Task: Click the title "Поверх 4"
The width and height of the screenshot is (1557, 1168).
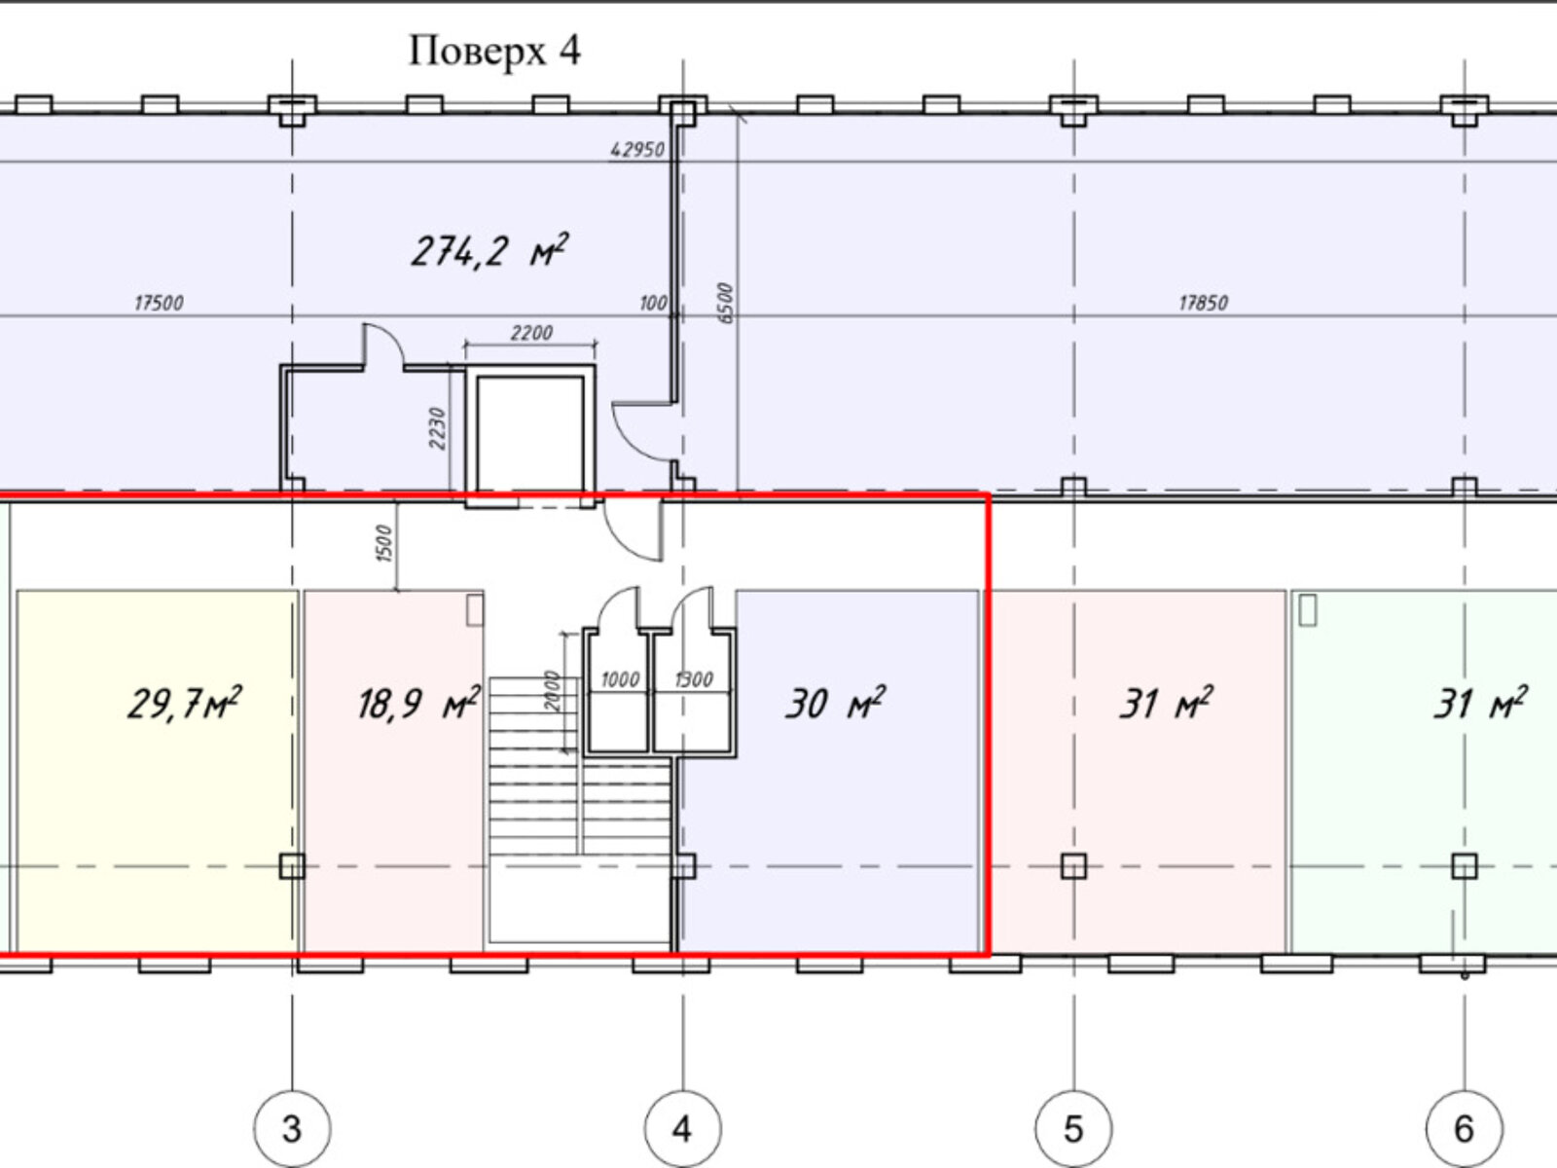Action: [494, 52]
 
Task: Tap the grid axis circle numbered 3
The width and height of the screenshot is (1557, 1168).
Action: [292, 1128]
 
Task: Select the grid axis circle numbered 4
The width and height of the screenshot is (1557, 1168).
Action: [683, 1128]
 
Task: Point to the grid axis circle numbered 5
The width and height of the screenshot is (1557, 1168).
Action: [1074, 1128]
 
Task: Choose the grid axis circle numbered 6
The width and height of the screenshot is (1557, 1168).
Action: [1465, 1128]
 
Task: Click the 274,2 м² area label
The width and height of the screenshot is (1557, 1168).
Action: [489, 251]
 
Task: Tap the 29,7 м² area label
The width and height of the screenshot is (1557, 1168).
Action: [185, 704]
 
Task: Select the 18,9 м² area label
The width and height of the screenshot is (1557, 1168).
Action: [418, 704]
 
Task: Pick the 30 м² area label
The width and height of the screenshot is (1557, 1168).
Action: [835, 704]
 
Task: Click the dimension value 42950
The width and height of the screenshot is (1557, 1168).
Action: [637, 150]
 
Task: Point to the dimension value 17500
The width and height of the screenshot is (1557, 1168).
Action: [159, 303]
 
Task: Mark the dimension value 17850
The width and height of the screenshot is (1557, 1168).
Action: [1203, 303]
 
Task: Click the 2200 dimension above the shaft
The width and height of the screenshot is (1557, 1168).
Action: [531, 333]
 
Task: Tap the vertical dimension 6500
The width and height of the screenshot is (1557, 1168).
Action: [725, 304]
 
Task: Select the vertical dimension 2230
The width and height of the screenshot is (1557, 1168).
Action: [437, 428]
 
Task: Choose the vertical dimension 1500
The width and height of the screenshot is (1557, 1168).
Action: [383, 544]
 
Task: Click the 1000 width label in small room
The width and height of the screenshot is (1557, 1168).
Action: [620, 680]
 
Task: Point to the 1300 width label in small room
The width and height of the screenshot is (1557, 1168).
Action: [693, 680]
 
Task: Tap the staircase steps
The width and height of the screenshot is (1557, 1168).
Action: [580, 766]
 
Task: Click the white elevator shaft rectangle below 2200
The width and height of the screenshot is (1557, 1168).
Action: [530, 432]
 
